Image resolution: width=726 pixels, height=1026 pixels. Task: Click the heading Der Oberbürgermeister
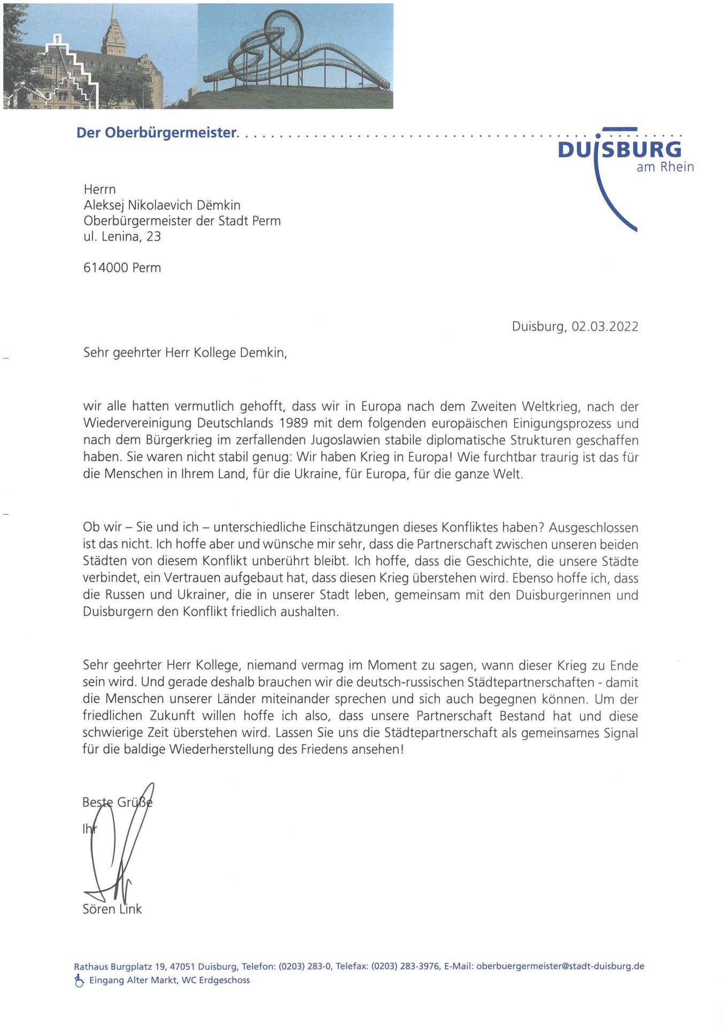pos(157,133)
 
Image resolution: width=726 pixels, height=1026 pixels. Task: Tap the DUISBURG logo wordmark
pos(620,150)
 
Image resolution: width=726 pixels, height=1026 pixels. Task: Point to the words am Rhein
pos(665,167)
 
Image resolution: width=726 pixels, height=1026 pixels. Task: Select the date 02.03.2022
pos(605,327)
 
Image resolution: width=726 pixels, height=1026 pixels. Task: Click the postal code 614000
pos(106,268)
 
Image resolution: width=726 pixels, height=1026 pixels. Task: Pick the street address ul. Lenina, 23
pos(122,236)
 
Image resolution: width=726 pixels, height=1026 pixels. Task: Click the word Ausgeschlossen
pos(593,528)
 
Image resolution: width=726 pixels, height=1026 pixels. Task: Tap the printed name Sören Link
pos(112,910)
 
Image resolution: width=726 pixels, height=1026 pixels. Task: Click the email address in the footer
pos(560,966)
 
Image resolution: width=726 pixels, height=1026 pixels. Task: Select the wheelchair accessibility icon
pos(79,980)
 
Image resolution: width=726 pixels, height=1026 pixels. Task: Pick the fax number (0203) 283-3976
pos(406,966)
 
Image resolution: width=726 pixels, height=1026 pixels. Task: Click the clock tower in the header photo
pos(114,35)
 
